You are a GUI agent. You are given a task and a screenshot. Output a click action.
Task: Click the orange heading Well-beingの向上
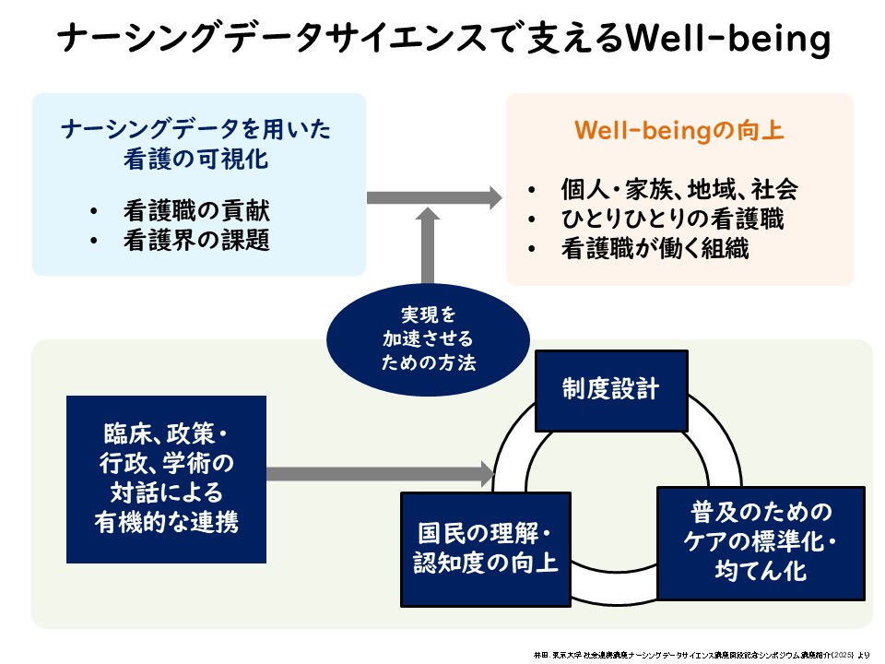point(679,131)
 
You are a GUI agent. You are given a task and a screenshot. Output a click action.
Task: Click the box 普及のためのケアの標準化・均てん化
point(761,542)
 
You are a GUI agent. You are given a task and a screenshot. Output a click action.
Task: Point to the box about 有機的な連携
point(166,479)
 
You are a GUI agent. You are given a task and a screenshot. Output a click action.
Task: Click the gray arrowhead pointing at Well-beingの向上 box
point(491,196)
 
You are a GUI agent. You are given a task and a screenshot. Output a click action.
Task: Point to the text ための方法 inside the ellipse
point(429,362)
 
